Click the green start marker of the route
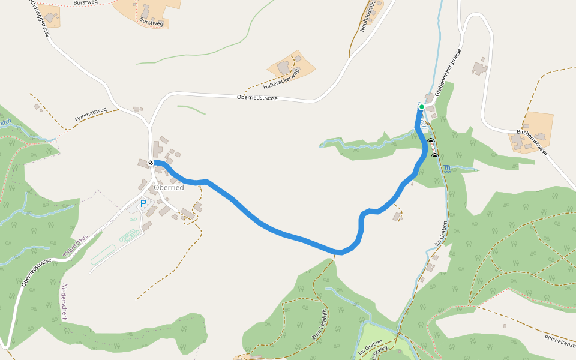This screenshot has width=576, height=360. coord(422,107)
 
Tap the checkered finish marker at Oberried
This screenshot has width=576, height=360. coord(150,163)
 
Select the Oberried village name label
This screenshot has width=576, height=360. coord(169,187)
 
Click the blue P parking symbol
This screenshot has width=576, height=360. coord(143,204)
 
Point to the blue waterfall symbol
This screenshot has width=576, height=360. coord(447,168)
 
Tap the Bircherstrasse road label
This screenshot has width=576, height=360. coord(531,141)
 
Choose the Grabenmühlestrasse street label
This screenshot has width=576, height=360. coord(448,73)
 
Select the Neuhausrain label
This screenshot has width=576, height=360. coord(368,17)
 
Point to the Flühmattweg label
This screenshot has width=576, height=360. coord(91,115)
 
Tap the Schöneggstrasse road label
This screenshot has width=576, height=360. coord(40,18)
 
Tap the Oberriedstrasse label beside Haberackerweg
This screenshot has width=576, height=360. coord(257,97)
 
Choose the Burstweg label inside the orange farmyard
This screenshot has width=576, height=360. coord(151,23)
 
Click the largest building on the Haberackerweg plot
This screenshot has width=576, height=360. coord(283,67)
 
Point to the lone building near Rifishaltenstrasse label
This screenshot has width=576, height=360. coord(505,326)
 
